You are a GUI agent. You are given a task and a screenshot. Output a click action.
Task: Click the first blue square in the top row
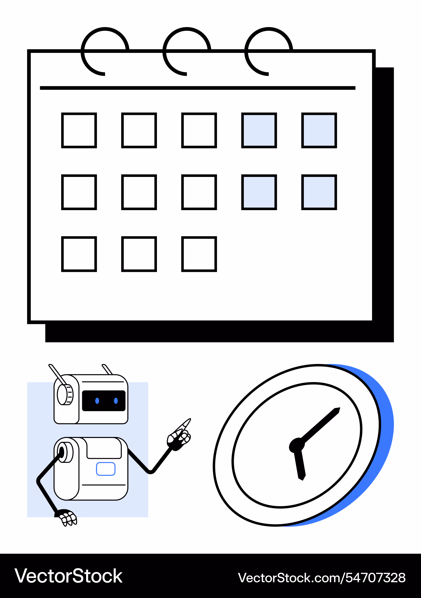[259, 130]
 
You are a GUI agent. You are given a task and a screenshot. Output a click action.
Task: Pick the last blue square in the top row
[319, 130]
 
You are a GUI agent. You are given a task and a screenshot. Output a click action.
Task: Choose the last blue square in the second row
[319, 192]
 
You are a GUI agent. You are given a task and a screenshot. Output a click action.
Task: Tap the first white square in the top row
[79, 130]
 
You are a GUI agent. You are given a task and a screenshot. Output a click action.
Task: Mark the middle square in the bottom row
[139, 254]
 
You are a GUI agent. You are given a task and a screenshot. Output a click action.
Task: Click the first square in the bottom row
[79, 254]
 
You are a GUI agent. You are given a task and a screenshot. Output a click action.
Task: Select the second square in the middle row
[139, 192]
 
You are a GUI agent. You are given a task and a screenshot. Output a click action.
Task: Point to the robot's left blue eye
[97, 401]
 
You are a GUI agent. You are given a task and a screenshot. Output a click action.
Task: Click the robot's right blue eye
[116, 401]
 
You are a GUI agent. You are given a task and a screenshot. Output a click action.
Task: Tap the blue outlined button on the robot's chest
[106, 469]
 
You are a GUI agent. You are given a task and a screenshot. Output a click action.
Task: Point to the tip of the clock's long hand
[340, 408]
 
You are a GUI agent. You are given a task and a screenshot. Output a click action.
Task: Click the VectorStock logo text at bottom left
[69, 576]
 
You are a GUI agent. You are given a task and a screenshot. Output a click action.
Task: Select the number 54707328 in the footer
[376, 578]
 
